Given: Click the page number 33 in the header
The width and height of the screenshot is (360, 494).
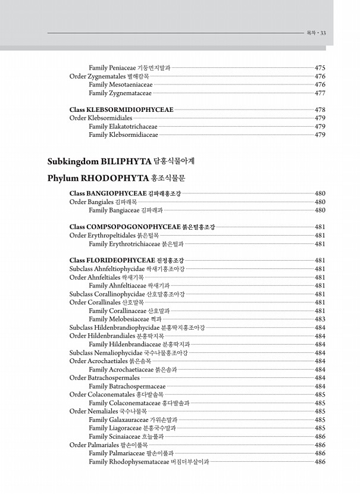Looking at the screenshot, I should pos(323,33).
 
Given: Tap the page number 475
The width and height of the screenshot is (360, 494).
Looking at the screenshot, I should pos(320,68).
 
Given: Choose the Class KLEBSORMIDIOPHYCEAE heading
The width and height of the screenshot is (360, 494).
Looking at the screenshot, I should pos(121,110).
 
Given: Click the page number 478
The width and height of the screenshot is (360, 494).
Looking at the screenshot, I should pos(320,110).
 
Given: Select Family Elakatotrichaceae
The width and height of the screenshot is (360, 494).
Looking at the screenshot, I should pos(123,126).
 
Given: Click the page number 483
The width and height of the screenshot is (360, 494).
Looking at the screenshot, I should pos(320,319).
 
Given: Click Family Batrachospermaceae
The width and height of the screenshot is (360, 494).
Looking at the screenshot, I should pos(127,386).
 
